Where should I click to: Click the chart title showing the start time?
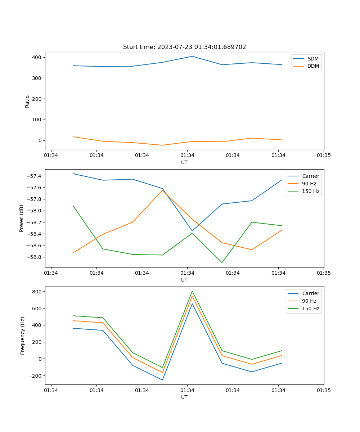(x=184, y=47)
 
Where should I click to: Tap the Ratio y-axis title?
(x=27, y=101)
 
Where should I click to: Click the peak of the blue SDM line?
(x=192, y=56)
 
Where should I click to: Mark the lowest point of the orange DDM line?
(x=162, y=145)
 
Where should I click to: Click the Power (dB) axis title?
(x=22, y=218)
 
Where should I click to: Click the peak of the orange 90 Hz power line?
(x=162, y=190)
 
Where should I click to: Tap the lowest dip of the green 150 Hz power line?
(x=222, y=262)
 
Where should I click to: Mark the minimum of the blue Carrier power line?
(x=192, y=231)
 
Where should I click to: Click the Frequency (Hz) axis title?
(x=23, y=336)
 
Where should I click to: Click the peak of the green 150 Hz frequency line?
(x=192, y=291)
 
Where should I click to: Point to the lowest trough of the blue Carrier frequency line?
(x=162, y=380)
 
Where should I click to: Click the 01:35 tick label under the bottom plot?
(x=323, y=390)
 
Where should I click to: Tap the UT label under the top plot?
(x=184, y=162)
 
